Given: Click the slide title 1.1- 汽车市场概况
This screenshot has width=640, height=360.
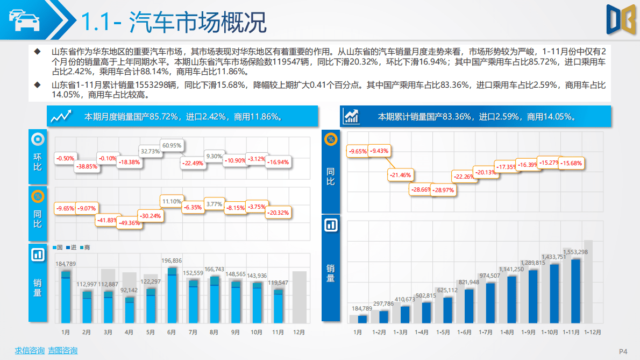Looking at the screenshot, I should click(x=173, y=23).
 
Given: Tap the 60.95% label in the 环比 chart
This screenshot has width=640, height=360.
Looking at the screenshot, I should click(x=172, y=145).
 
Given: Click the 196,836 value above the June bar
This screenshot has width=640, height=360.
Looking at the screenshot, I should click(x=172, y=260).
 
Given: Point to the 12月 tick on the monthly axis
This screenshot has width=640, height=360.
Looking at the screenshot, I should click(x=300, y=333).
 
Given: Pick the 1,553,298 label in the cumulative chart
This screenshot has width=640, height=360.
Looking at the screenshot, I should click(x=575, y=252).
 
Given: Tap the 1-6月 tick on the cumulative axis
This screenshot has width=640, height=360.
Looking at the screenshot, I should click(x=464, y=333).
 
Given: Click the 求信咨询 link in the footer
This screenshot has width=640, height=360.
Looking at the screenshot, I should click(x=30, y=351).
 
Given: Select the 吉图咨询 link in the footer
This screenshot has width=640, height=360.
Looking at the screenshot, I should click(x=62, y=351).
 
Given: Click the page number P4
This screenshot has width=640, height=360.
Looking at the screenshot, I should click(x=623, y=351).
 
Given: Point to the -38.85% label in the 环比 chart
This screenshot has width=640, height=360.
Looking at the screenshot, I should click(x=87, y=167).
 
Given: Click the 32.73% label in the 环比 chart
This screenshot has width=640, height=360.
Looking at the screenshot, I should click(x=150, y=152).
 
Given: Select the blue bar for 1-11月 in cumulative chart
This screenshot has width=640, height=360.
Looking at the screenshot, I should click(x=575, y=291).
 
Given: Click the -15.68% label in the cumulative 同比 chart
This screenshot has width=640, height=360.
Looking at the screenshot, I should click(x=571, y=163).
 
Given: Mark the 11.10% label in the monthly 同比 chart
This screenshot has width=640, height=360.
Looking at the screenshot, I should click(x=172, y=202).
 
